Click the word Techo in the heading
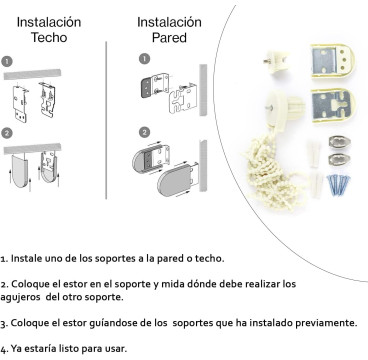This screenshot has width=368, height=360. (x=49, y=37)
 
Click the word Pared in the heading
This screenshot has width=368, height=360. (x=169, y=37)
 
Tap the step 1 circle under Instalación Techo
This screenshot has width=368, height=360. (x=7, y=62)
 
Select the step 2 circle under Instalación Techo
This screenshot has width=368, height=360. (x=7, y=134)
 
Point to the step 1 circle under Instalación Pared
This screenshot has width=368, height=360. (x=144, y=59)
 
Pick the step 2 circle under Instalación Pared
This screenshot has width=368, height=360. (x=144, y=132)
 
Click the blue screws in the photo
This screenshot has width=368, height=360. (x=338, y=185)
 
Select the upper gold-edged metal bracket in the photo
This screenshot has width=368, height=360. (x=332, y=62)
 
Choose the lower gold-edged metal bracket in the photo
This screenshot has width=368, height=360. (x=333, y=105)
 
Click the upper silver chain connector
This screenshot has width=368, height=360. (x=339, y=142)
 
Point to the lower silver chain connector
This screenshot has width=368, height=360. (x=339, y=159)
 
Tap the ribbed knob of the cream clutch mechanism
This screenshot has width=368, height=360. (x=296, y=106)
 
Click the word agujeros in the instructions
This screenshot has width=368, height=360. (x=20, y=298)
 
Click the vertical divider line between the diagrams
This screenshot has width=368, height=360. (x=106, y=120)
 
